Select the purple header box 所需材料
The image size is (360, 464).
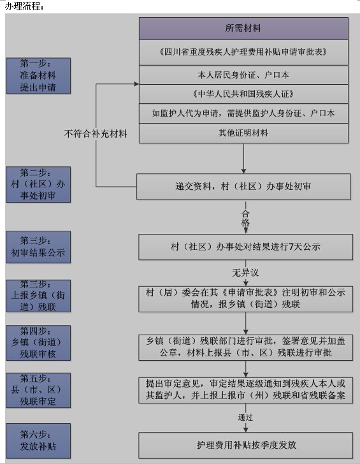pyautogui.click(x=243, y=29)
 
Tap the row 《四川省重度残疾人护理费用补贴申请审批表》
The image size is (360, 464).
pyautogui.click(x=243, y=52)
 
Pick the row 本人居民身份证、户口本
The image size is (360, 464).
pyautogui.click(x=243, y=75)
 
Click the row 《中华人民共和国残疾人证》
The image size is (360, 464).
pyautogui.click(x=243, y=94)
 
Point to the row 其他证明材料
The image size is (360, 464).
pyautogui.click(x=243, y=133)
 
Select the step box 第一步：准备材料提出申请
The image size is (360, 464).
pyautogui.click(x=38, y=76)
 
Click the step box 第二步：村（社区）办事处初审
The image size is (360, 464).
pyautogui.click(x=38, y=184)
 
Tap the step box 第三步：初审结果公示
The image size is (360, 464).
pyautogui.click(x=38, y=247)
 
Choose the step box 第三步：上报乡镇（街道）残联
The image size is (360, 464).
pyautogui.click(x=38, y=296)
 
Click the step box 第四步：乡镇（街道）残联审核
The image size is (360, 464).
pyautogui.click(x=38, y=343)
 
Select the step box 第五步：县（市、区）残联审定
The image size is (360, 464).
pyautogui.click(x=38, y=390)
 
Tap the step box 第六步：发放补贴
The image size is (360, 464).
pyautogui.click(x=38, y=440)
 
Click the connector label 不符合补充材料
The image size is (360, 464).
pyautogui.click(x=96, y=134)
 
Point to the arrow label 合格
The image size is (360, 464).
pyautogui.click(x=245, y=218)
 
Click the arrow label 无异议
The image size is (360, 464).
pyautogui.click(x=245, y=273)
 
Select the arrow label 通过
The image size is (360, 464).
pyautogui.click(x=245, y=417)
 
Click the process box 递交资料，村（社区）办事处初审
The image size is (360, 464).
pyautogui.click(x=243, y=187)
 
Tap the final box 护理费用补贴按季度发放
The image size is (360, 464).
pyautogui.click(x=245, y=446)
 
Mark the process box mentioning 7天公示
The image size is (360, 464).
pyautogui.click(x=245, y=247)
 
